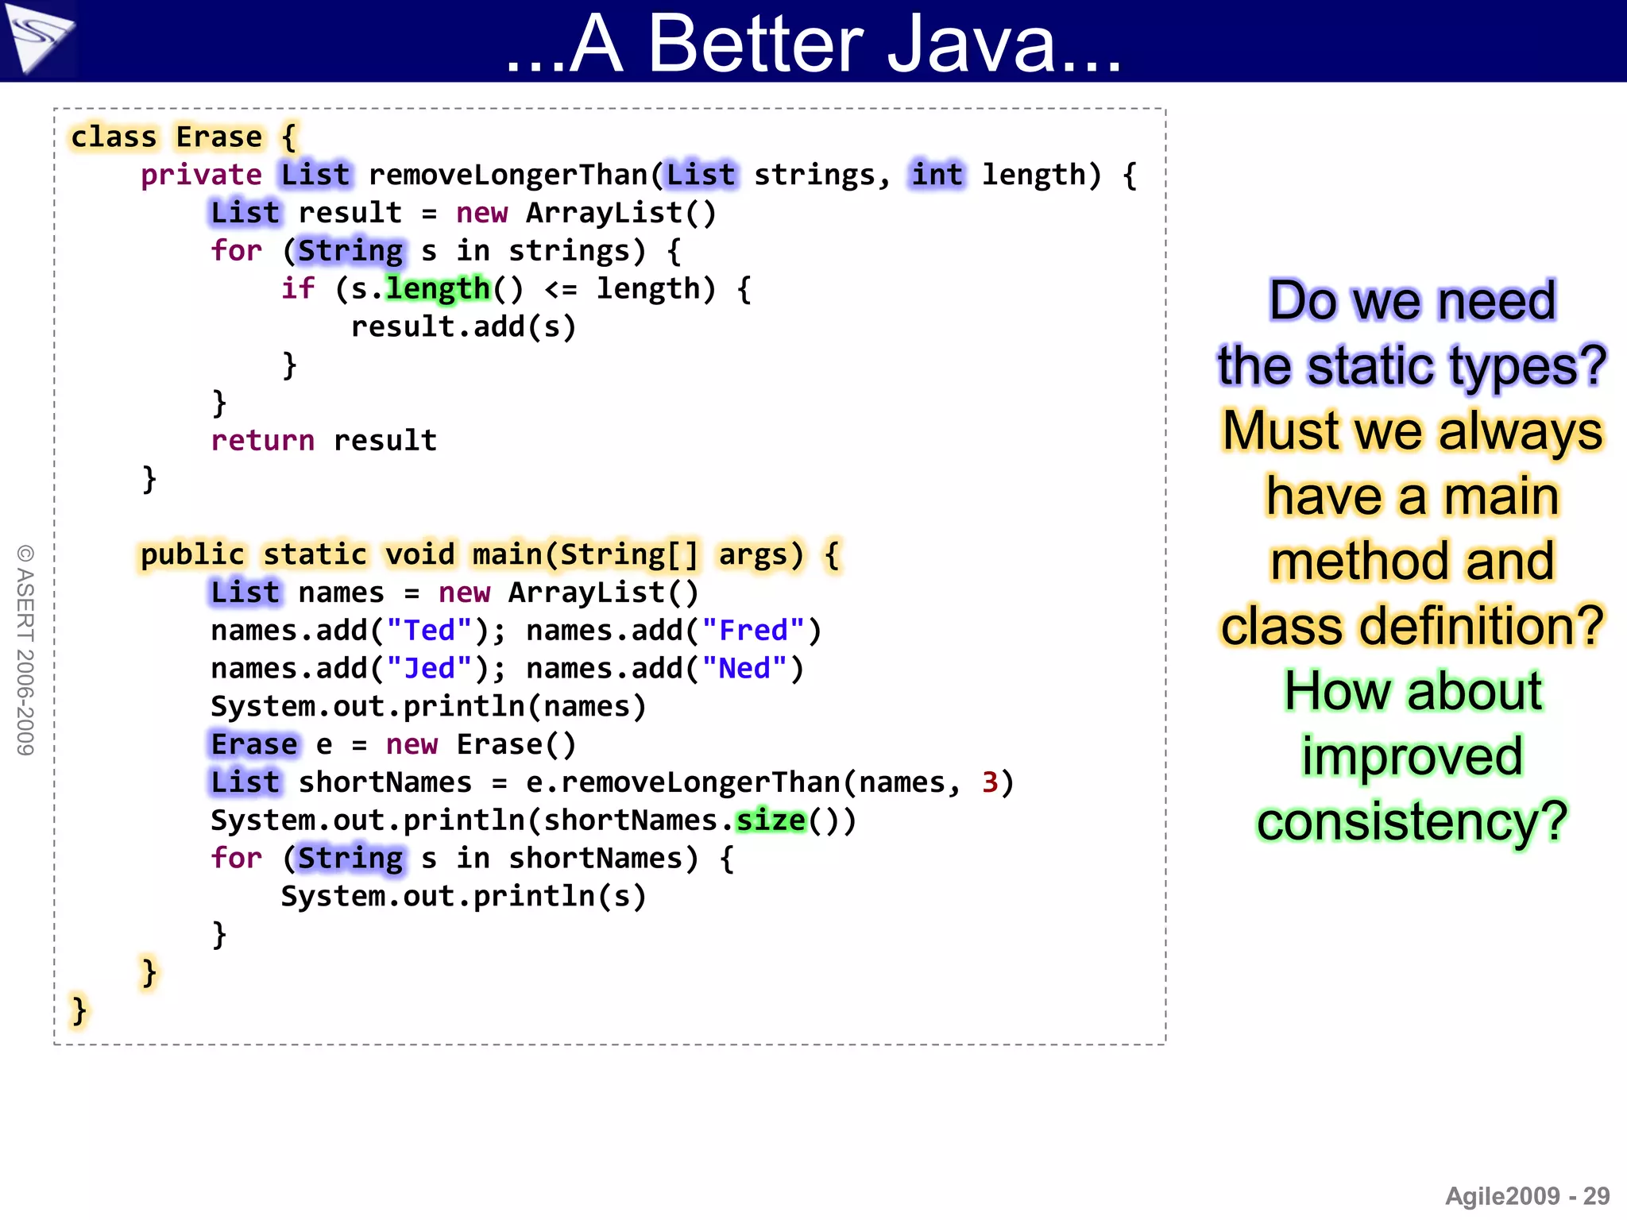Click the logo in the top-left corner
tap(38, 38)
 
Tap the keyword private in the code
tap(201, 175)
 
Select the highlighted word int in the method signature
tap(937, 175)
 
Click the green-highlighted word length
tap(438, 288)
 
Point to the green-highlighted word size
tap(771, 820)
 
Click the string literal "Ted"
tap(430, 631)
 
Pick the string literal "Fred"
tap(753, 631)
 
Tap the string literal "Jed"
tap(430, 669)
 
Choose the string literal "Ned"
tap(744, 669)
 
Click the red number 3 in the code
tap(990, 782)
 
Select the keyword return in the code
tap(262, 440)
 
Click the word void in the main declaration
tap(420, 554)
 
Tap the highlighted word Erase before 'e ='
tap(254, 744)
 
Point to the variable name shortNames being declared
tap(385, 782)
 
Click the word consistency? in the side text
tap(1412, 821)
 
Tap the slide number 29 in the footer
tap(1596, 1196)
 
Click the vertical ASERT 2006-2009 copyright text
tap(25, 650)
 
